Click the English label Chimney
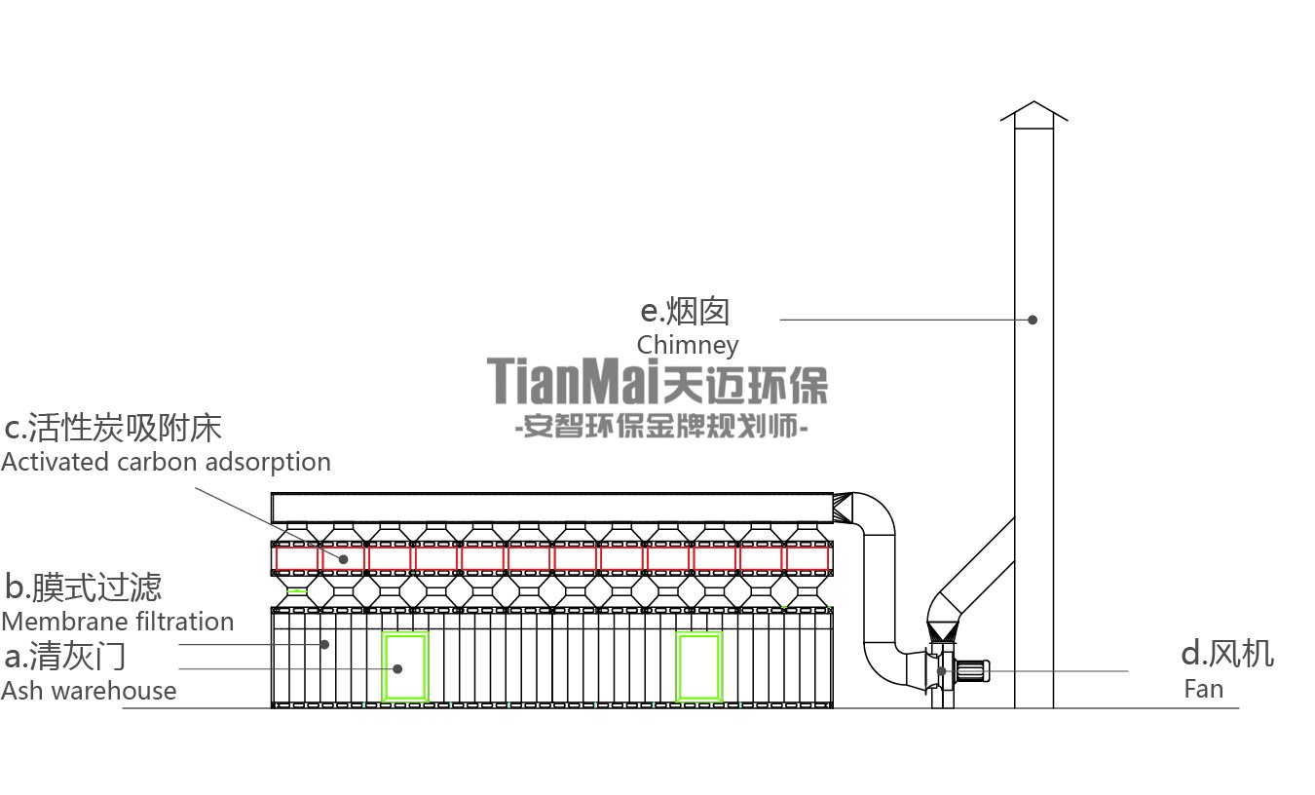(687, 345)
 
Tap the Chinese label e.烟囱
(685, 312)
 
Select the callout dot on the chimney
(1033, 320)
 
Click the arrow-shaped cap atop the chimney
(1033, 113)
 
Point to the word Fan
(1203, 689)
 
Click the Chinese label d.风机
(1226, 654)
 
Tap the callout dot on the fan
(941, 670)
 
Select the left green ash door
(405, 667)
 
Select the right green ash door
(698, 667)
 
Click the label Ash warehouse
(89, 691)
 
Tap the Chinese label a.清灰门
(65, 656)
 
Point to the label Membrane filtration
(117, 622)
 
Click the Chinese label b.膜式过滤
(83, 587)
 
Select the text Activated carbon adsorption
(166, 461)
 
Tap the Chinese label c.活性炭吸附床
(113, 428)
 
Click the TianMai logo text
(657, 381)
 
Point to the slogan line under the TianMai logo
(659, 427)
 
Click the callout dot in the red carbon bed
(344, 559)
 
